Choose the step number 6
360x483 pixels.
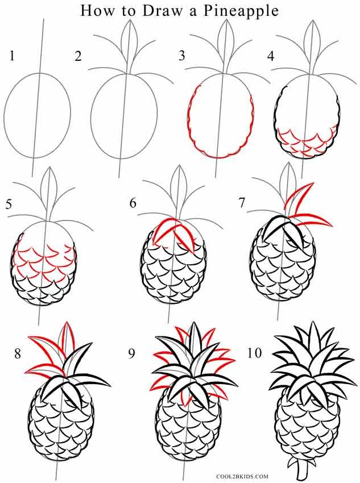(133, 203)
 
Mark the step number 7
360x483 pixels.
(241, 203)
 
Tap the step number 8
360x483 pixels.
(18, 354)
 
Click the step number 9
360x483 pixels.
(132, 354)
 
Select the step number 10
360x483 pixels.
(254, 354)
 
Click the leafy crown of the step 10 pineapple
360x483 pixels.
(307, 358)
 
